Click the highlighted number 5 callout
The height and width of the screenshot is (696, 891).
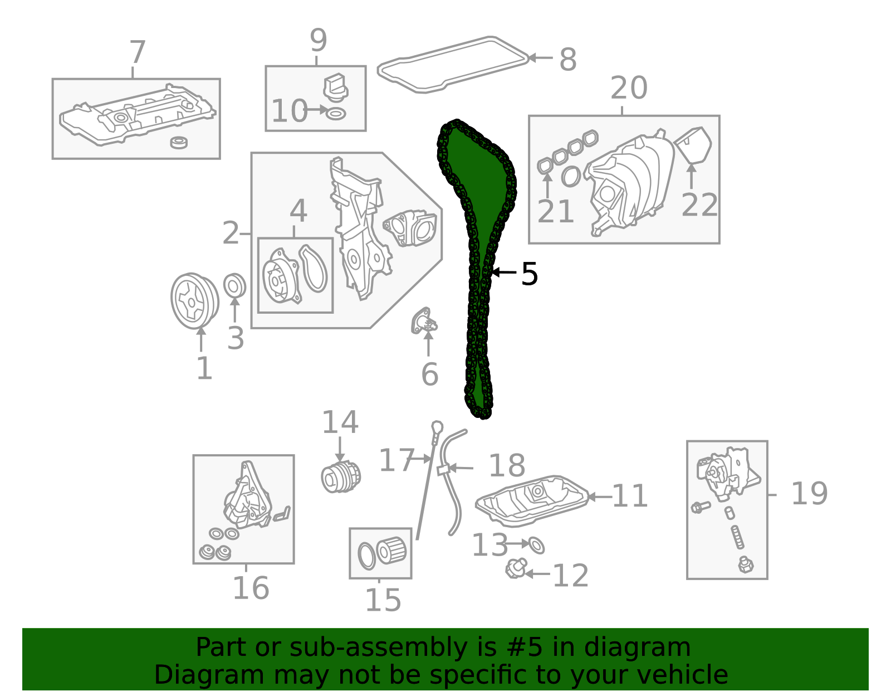[x=529, y=274]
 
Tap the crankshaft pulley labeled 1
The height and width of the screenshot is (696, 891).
[x=195, y=300]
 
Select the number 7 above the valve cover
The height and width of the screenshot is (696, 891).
[x=138, y=52]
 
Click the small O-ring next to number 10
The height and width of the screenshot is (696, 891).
[x=336, y=114]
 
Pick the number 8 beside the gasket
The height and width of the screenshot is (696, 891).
[x=568, y=59]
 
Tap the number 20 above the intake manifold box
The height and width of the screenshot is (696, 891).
[x=629, y=87]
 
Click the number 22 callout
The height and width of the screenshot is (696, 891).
[x=699, y=205]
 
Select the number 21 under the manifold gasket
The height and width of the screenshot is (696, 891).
[x=555, y=211]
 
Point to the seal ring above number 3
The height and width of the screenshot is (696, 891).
[x=234, y=285]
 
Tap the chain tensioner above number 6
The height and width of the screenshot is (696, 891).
[x=424, y=321]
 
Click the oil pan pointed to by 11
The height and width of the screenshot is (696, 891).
[x=532, y=501]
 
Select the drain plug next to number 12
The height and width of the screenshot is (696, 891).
[x=516, y=569]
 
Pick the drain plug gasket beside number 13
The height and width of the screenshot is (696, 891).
[x=536, y=545]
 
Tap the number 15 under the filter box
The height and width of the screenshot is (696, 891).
[x=383, y=600]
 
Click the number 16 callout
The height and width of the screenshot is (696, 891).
[x=251, y=588]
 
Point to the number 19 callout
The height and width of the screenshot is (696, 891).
[x=809, y=493]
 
